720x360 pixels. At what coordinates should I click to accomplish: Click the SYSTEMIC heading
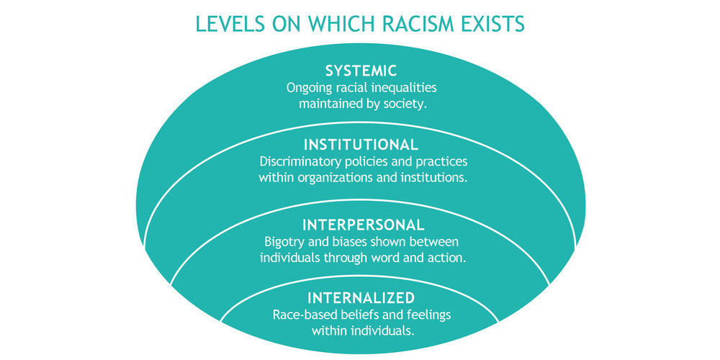pos(361,71)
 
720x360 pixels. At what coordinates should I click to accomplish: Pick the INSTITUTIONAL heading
pos(361,145)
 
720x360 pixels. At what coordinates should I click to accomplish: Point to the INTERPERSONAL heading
pos(363,225)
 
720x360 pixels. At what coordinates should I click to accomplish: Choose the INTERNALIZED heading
pos(361,298)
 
